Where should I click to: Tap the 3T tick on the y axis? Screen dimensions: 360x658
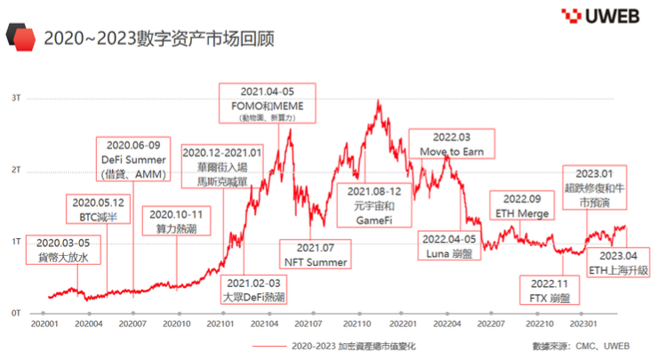16,98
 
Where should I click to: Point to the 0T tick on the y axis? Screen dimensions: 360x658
16,313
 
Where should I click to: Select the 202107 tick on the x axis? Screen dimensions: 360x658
309,326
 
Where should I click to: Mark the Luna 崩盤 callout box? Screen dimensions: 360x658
451,246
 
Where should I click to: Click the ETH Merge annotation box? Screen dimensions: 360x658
516,206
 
